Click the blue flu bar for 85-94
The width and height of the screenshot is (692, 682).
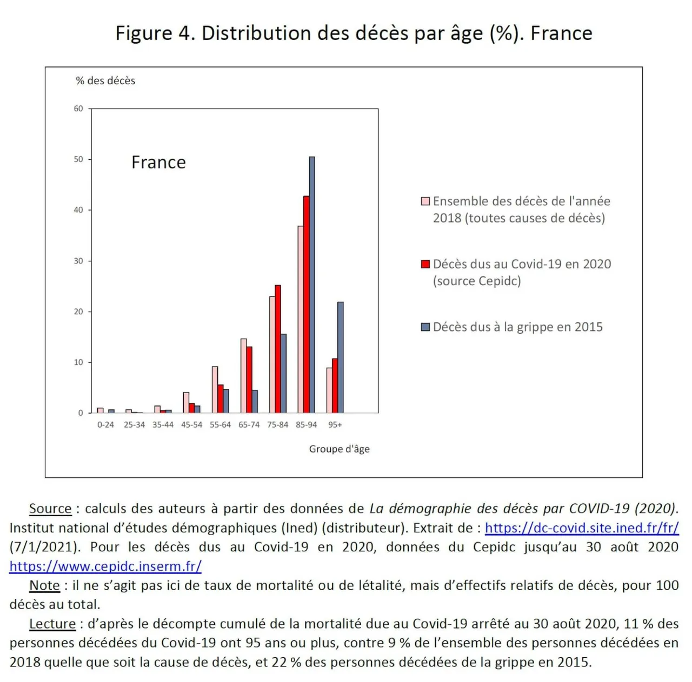pos(312,285)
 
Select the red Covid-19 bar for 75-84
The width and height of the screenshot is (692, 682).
pos(277,349)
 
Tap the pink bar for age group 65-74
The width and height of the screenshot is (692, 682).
pos(243,376)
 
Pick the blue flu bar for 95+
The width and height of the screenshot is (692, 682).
pos(341,357)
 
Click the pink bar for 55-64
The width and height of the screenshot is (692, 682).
pos(215,390)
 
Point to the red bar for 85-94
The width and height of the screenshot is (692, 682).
pos(307,304)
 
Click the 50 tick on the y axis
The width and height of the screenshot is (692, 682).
pos(78,159)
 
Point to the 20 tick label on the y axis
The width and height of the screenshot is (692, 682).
pos(78,312)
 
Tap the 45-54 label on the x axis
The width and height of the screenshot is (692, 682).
pos(191,425)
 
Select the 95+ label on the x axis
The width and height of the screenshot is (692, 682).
pos(335,425)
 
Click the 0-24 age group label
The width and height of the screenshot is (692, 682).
pos(105,425)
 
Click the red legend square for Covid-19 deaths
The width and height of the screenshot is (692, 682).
pos(425,264)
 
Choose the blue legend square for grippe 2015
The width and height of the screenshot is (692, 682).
pos(425,327)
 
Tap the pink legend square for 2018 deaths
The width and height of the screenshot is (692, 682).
pos(425,201)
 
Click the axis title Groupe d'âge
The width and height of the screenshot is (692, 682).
pos(339,449)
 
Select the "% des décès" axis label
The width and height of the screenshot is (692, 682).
pos(105,80)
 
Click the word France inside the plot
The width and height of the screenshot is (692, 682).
pos(158,162)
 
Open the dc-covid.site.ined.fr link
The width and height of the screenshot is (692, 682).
pos(582,528)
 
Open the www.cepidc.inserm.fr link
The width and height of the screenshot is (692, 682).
pos(105,566)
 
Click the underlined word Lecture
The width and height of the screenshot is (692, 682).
pos(52,624)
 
